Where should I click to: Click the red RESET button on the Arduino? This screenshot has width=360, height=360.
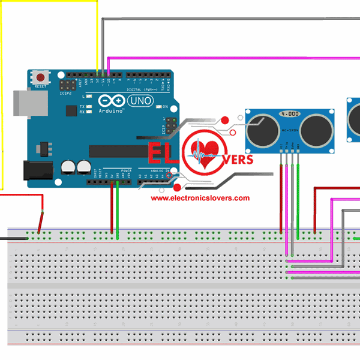(40, 77)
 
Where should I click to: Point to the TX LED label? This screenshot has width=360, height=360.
(82, 107)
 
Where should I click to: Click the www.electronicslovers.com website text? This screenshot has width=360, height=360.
(200, 197)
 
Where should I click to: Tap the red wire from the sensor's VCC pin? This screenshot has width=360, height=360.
(281, 198)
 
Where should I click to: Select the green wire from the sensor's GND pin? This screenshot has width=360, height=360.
(298, 198)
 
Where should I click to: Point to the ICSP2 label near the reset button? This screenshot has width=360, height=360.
(65, 94)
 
